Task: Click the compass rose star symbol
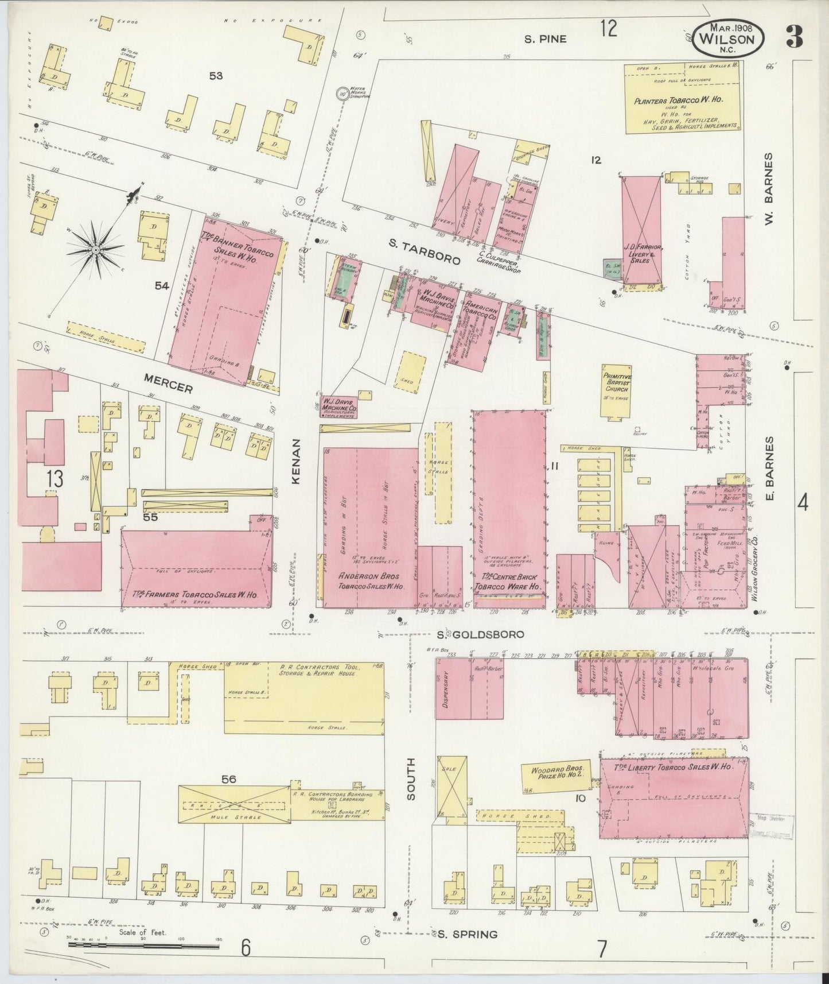(96, 250)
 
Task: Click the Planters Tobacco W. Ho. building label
(682, 100)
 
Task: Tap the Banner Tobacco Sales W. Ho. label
(236, 246)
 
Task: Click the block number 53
(216, 76)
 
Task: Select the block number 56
(228, 779)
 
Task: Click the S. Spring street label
(466, 935)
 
